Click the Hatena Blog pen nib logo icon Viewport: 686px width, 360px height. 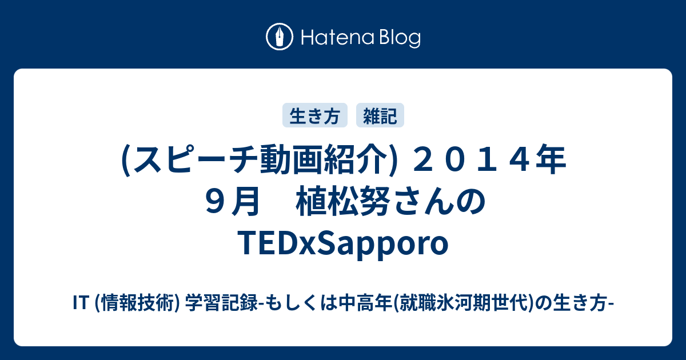point(280,37)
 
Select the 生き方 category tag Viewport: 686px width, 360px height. point(315,115)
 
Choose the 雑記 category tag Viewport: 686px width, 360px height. point(380,115)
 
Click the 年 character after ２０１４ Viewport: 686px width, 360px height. point(551,160)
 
